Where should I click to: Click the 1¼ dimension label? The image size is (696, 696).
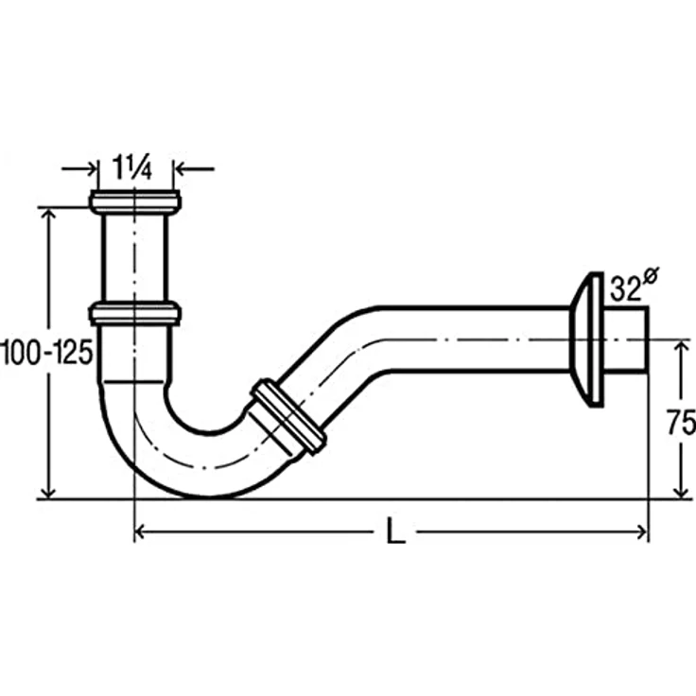131,167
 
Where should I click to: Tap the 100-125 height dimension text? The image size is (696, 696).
46,353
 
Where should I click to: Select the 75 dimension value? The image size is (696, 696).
681,423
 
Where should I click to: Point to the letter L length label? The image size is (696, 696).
395,531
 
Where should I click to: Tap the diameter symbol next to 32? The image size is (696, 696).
651,275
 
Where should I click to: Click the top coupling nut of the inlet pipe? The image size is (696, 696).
135,201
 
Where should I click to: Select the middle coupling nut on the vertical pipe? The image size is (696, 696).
135,313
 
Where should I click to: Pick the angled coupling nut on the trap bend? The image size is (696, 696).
288,417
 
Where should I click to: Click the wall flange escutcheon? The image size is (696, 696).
587,339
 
